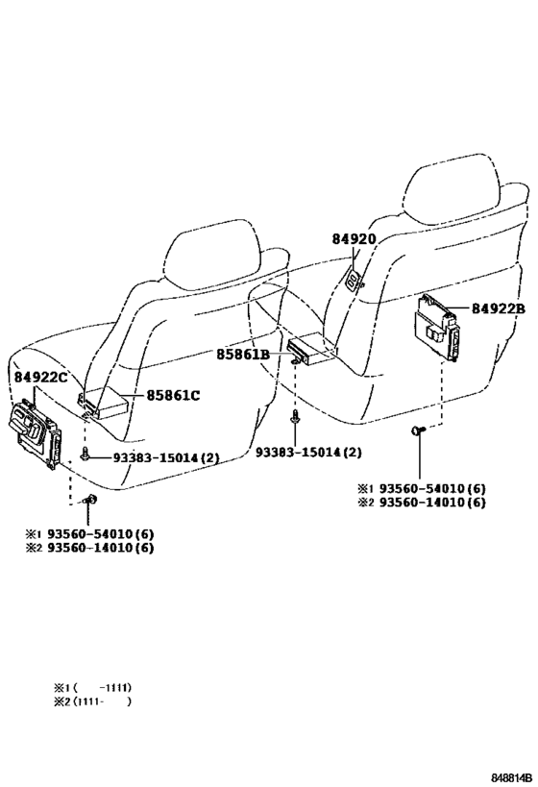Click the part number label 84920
click(x=354, y=239)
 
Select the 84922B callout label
click(x=498, y=308)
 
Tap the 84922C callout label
click(x=40, y=377)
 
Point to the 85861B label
click(x=243, y=355)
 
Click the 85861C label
click(x=173, y=396)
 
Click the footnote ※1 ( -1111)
click(x=92, y=687)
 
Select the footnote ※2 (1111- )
click(x=92, y=701)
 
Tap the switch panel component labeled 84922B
click(x=436, y=327)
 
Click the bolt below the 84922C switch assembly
click(x=90, y=500)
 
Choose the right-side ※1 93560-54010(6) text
click(x=422, y=488)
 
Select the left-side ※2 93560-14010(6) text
click(x=90, y=547)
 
